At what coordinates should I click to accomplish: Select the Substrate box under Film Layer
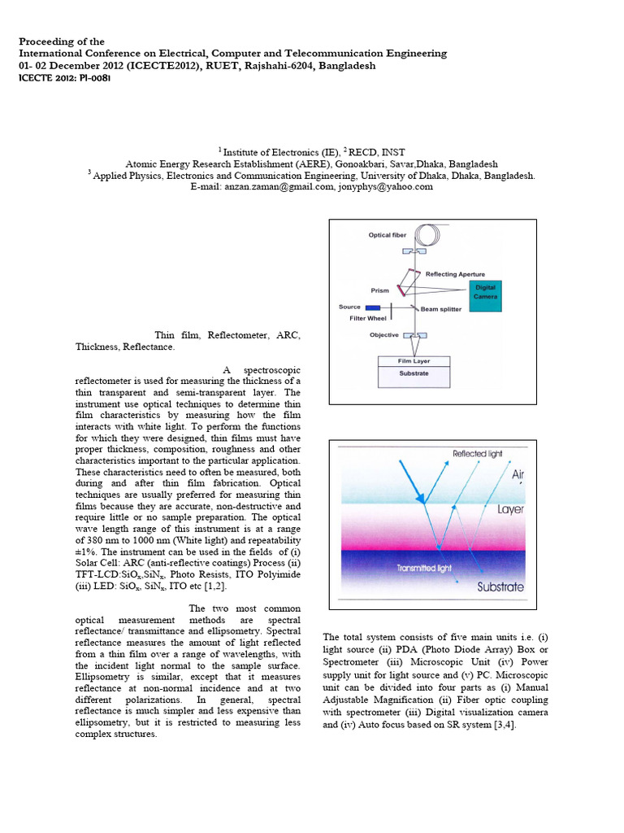414,374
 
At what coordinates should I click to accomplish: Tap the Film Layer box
414,360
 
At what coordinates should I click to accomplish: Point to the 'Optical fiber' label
387,235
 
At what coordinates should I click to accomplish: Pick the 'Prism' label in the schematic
379,289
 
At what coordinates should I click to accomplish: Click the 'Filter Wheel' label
368,318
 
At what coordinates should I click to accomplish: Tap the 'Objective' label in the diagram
384,334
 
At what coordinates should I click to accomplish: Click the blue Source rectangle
373,307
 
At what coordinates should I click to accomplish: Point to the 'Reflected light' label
477,453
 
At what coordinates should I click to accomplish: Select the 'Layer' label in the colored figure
510,510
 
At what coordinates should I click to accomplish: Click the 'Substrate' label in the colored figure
500,587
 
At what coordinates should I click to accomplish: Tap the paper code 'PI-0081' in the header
91,79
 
